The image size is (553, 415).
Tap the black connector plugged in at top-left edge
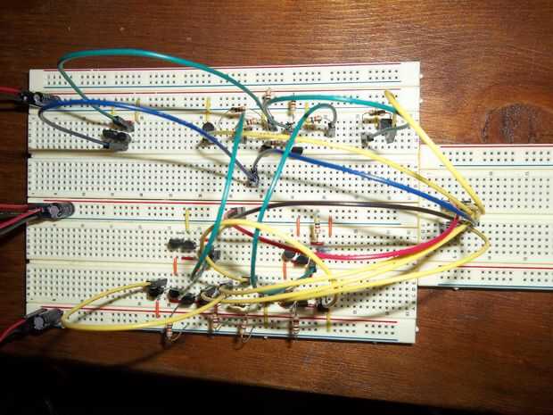[40, 97]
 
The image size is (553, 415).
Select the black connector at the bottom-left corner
[41, 320]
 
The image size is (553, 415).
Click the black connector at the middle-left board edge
[57, 211]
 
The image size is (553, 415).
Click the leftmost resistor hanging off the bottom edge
[169, 331]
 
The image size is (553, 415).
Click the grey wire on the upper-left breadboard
[80, 134]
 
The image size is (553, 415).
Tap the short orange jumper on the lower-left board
[177, 263]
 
